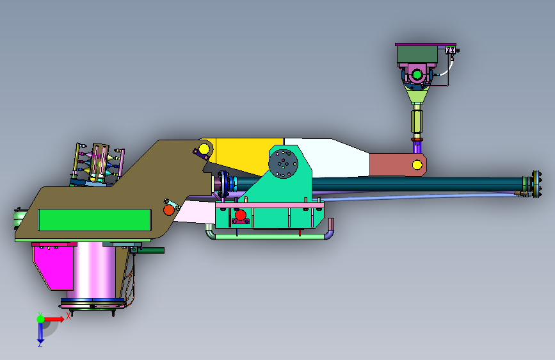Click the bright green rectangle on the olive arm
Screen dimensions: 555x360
tap(95, 220)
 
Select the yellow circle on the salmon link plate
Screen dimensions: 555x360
tap(417, 165)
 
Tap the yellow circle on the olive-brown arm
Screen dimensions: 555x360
tap(204, 149)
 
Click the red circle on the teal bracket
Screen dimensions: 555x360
tap(240, 215)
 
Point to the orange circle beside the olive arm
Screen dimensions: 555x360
tap(169, 209)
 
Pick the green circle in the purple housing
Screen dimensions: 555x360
tap(417, 75)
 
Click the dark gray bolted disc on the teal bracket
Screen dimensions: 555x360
tap(283, 164)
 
